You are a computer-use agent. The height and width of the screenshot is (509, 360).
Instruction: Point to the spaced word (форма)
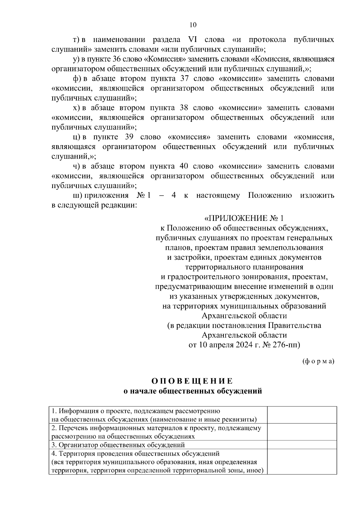[318, 361]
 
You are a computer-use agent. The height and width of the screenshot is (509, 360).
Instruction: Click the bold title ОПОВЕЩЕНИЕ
[192, 381]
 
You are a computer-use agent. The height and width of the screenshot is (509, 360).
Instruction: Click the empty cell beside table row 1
[302, 415]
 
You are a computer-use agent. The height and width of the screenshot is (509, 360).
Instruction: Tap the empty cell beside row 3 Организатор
[302, 445]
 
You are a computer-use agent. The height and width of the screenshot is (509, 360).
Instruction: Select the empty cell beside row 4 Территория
[302, 462]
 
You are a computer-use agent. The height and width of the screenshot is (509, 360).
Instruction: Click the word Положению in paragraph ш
[270, 196]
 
